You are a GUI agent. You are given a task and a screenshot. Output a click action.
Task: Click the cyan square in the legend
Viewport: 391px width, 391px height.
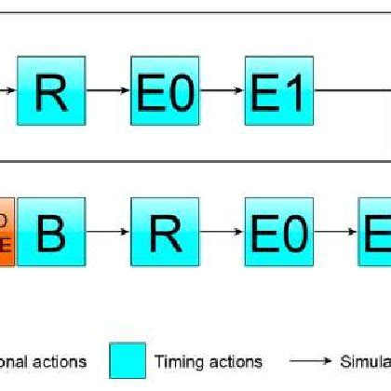point(128,361)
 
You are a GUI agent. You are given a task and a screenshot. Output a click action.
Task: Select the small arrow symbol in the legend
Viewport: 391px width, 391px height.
point(305,361)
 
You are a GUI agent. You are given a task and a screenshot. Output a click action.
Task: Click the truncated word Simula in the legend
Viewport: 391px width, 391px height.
point(363,361)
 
